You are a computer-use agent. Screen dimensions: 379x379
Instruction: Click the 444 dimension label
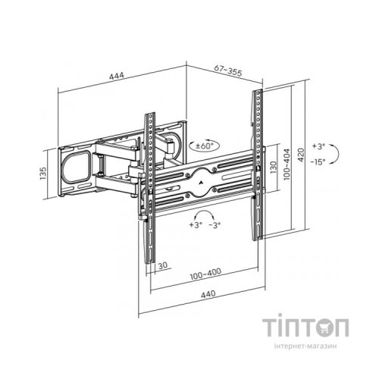coord(117,76)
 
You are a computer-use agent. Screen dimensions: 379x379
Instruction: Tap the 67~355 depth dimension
coord(228,70)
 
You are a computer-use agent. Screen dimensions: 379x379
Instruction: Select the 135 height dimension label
coord(43,174)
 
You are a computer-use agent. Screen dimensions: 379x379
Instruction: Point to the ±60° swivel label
coord(205,146)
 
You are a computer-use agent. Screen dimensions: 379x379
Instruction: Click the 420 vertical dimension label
coord(302,155)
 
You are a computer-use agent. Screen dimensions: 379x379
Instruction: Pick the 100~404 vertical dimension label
coord(287,164)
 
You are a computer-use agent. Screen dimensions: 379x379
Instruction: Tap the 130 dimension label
coord(274,168)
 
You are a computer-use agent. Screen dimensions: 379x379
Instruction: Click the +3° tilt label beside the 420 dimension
coord(318,146)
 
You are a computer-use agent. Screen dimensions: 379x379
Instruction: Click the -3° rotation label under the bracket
coord(215,225)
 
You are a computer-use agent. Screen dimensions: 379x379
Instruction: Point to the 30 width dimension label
coord(163,265)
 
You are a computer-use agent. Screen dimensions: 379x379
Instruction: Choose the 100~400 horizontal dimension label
coord(205,274)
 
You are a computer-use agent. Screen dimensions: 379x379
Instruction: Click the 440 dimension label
coord(208,294)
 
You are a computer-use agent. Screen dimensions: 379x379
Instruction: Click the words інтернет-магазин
coord(305,346)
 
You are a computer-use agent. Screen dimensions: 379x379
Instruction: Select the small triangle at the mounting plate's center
coord(201,181)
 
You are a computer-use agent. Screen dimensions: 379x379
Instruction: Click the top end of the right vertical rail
coord(258,90)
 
